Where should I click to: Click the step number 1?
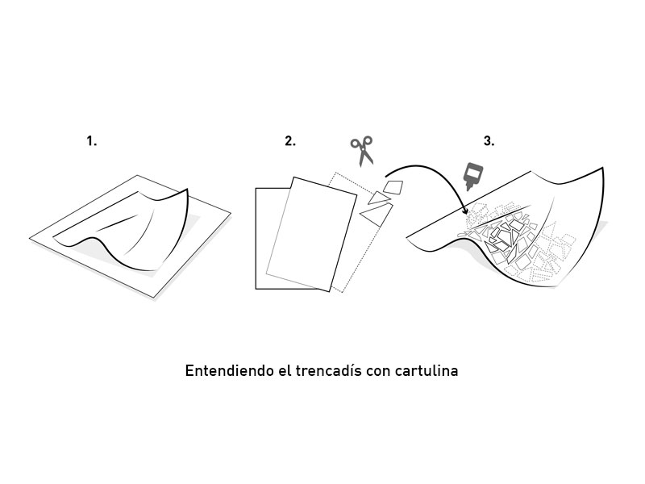91,141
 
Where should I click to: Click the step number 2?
290,141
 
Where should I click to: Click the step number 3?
489,141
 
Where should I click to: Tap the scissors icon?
362,151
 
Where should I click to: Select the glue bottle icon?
473,177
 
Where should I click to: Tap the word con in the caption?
378,372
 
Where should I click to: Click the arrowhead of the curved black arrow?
465,211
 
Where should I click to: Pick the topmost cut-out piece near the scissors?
393,186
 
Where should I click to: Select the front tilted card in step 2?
311,234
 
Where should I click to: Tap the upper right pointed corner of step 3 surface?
602,169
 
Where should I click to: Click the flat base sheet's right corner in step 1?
230,214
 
